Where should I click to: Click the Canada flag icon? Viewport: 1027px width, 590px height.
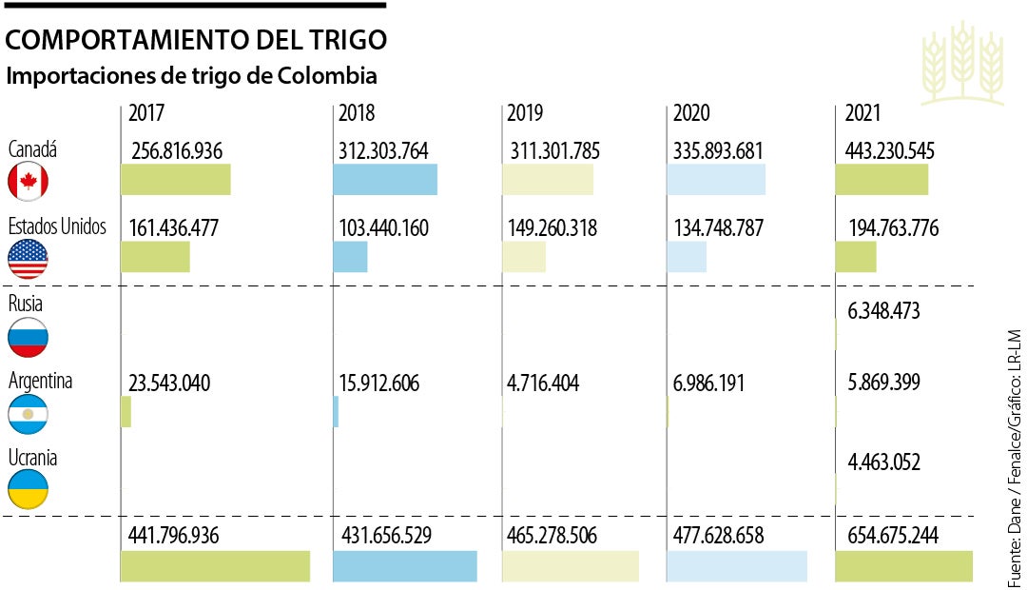click(28, 181)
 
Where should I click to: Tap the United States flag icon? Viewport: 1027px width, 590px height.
click(28, 259)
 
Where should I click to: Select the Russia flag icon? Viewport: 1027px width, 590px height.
click(28, 337)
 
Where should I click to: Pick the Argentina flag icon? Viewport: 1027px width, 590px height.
click(28, 414)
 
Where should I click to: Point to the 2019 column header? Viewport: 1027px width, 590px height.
click(525, 113)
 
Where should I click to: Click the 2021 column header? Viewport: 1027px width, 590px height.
click(863, 113)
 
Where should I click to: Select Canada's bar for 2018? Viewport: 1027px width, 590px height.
click(385, 180)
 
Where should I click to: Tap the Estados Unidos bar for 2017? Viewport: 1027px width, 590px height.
click(155, 257)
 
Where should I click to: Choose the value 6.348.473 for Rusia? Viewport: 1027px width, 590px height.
click(883, 311)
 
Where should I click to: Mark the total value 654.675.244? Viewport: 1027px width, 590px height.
click(893, 536)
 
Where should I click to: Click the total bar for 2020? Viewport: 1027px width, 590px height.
click(737, 566)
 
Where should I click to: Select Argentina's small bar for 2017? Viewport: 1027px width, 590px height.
click(126, 412)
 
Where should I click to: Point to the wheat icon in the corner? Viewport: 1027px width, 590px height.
click(962, 64)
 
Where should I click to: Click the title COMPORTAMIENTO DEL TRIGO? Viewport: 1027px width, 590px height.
click(197, 40)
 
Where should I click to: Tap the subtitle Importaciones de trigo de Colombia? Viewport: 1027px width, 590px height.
click(191, 75)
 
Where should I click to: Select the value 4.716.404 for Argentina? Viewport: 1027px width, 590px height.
click(543, 383)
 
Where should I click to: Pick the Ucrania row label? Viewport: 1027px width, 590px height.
click(32, 458)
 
